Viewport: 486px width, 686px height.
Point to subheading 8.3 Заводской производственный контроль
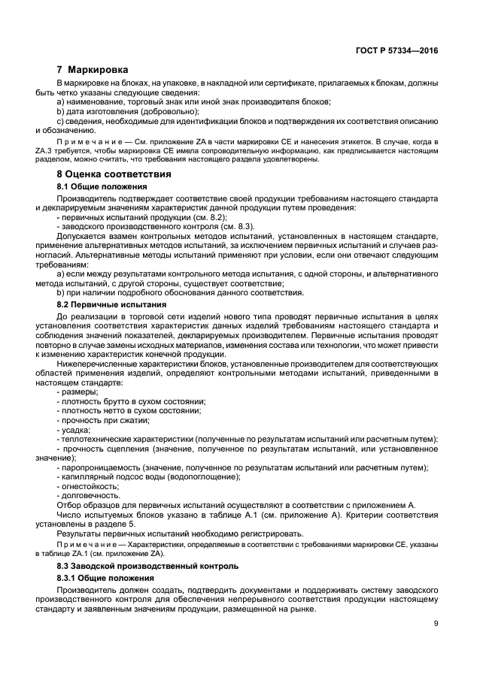147,565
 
